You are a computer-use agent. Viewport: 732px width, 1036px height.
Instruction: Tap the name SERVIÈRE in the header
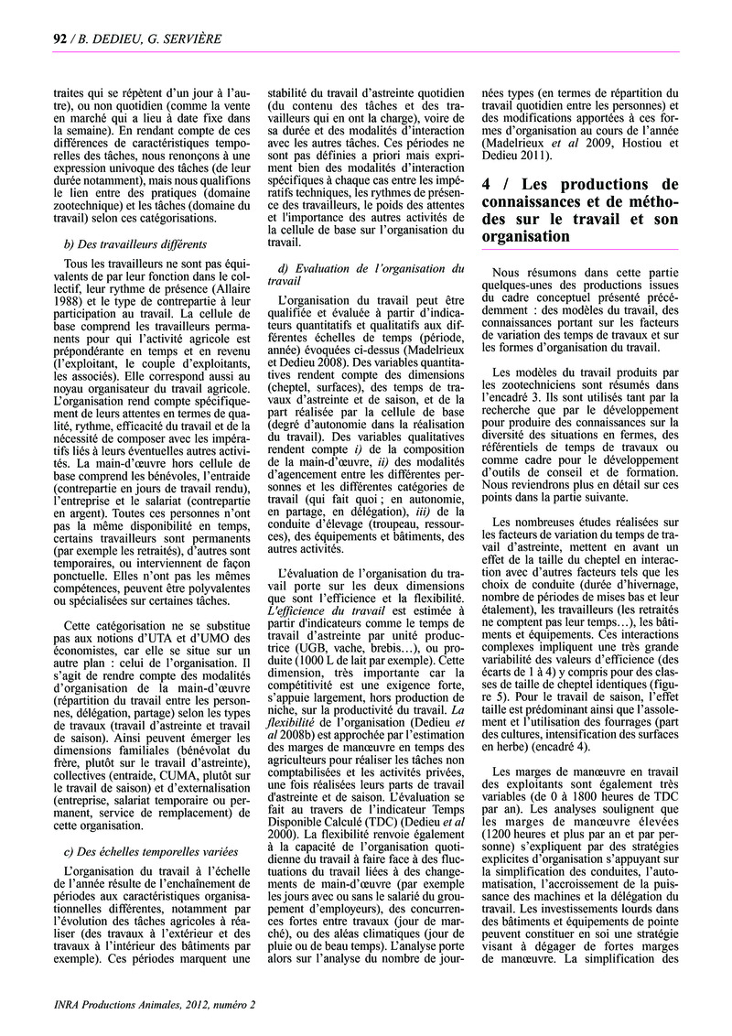point(191,38)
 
